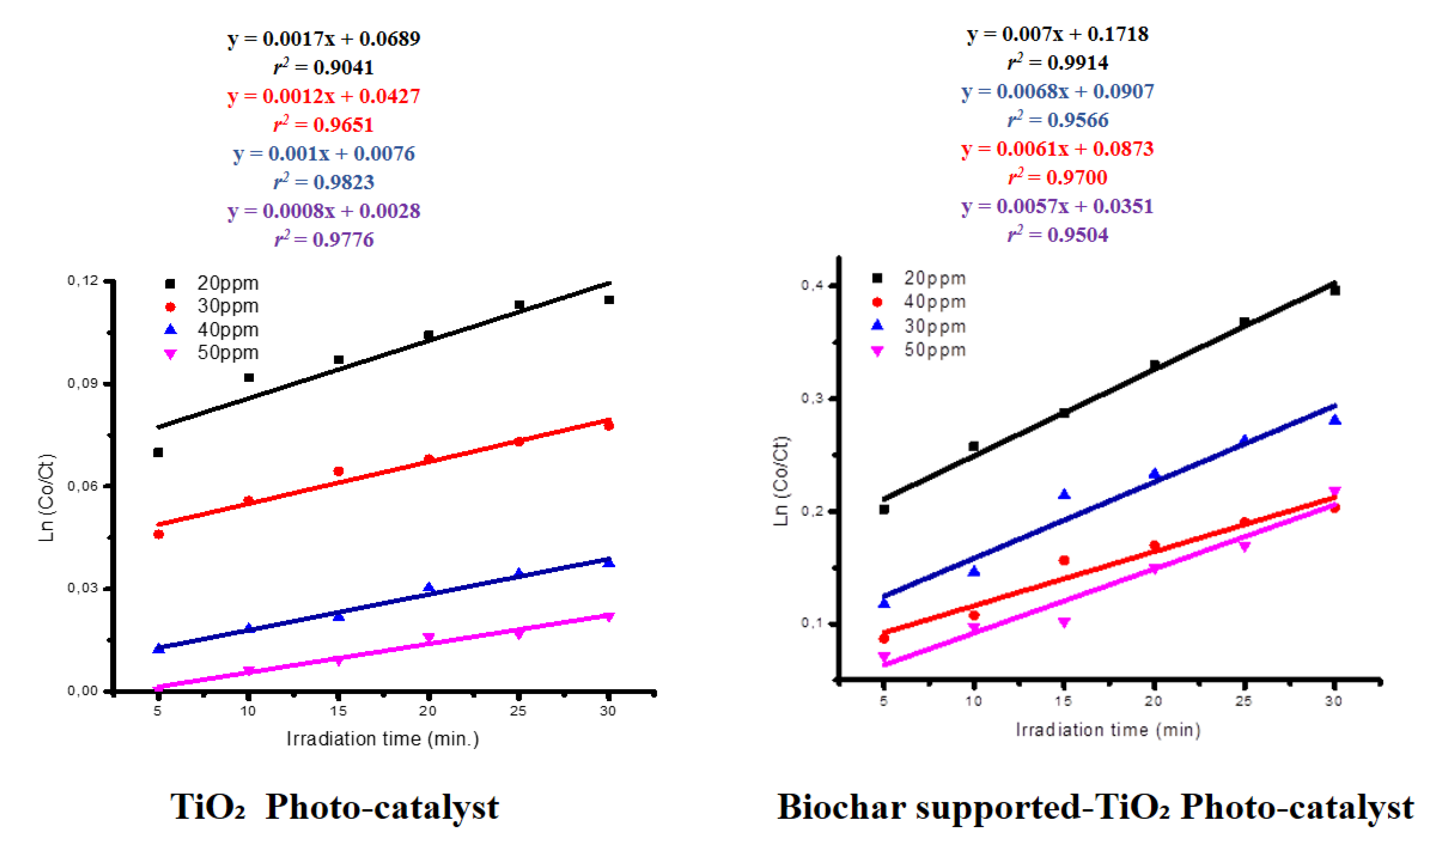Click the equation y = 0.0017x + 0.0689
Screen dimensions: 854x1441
point(324,39)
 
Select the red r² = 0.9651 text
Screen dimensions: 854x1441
point(324,124)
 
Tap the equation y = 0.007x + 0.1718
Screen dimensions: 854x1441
point(1058,34)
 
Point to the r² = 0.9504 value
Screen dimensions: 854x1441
point(1058,235)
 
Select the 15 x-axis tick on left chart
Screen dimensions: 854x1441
point(338,711)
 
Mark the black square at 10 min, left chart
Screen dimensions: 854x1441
point(249,377)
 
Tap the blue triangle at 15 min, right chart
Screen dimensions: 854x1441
point(1064,494)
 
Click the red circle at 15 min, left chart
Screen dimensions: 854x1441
point(339,471)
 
